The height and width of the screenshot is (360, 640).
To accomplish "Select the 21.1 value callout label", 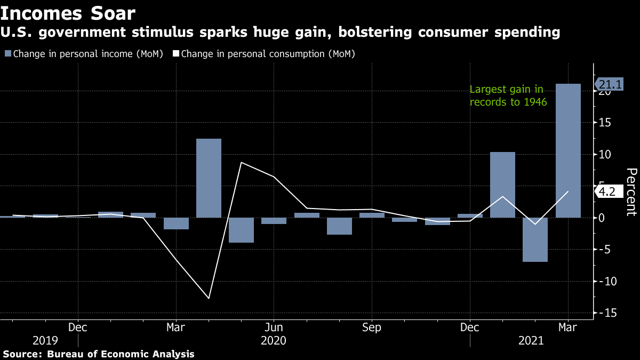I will click(x=610, y=84).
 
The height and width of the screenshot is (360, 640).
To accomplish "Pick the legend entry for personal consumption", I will click(x=263, y=54).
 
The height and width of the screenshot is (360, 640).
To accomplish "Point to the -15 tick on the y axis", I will click(x=607, y=313).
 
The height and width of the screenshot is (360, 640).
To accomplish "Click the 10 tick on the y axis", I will click(x=606, y=155).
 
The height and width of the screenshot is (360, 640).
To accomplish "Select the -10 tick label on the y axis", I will click(x=607, y=281).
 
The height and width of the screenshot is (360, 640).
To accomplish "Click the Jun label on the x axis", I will click(x=274, y=327).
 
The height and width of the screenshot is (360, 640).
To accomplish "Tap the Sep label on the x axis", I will click(x=371, y=327).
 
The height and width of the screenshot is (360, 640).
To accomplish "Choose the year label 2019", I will click(x=45, y=340).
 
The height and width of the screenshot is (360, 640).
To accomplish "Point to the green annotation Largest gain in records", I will click(x=508, y=95).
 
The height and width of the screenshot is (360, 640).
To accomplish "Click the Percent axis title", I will click(x=631, y=192).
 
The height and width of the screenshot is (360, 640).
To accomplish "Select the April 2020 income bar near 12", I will click(x=209, y=178).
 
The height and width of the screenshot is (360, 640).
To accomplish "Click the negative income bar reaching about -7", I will click(x=535, y=239).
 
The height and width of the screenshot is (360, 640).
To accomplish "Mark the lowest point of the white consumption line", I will click(x=209, y=298).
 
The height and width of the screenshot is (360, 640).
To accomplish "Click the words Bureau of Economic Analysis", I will click(x=121, y=354).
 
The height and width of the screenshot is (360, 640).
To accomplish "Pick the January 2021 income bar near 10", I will click(x=502, y=185).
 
